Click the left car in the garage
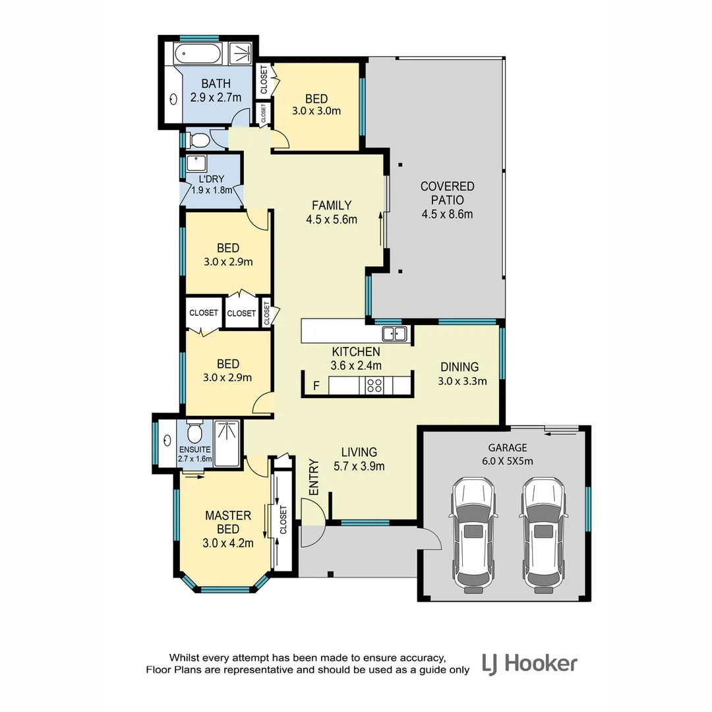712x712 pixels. coord(473,535)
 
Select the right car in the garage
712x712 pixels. coord(543,535)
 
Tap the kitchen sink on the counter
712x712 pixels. coord(394,334)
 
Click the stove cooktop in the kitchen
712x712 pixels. coord(374,386)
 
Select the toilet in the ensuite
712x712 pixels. coord(194,433)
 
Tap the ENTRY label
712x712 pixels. coord(314,477)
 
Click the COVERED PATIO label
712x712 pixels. coord(447,193)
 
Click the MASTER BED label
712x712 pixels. coord(227,522)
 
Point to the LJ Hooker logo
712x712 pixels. coord(529,663)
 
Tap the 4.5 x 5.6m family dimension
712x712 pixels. coord(332,220)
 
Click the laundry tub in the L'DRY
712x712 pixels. coord(196,163)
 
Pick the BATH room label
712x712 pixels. coord(216,84)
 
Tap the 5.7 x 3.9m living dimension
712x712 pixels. coord(359,466)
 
